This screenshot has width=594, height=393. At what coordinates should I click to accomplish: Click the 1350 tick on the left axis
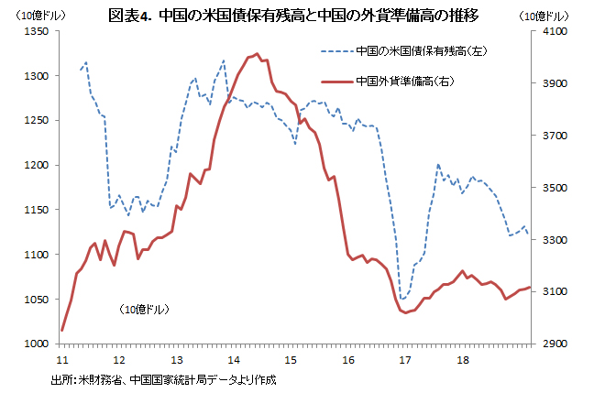(x=36, y=31)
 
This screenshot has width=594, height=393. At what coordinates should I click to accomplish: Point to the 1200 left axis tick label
(x=36, y=165)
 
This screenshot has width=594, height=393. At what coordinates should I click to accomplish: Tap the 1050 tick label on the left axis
(x=36, y=300)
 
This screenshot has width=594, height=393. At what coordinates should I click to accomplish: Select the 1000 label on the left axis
(x=36, y=344)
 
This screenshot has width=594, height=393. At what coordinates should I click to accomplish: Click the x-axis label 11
(x=61, y=359)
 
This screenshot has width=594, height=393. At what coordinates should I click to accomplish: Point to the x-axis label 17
(x=404, y=359)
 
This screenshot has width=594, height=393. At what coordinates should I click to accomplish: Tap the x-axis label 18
(x=461, y=359)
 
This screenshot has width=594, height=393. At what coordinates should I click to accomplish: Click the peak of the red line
(x=257, y=54)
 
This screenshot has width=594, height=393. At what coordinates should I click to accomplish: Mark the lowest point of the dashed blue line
(x=402, y=299)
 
